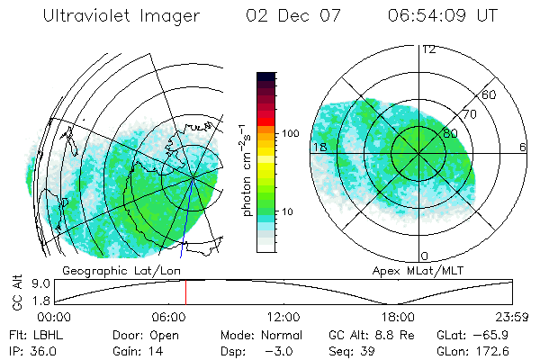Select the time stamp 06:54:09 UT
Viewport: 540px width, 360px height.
(442, 16)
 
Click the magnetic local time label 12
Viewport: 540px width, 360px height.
(428, 49)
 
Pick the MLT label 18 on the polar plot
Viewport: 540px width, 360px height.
(319, 148)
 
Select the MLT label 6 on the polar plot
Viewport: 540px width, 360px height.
(523, 148)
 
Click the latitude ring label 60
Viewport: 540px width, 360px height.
(490, 94)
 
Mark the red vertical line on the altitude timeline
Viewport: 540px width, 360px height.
(185, 292)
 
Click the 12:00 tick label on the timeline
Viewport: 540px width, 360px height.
(283, 317)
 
